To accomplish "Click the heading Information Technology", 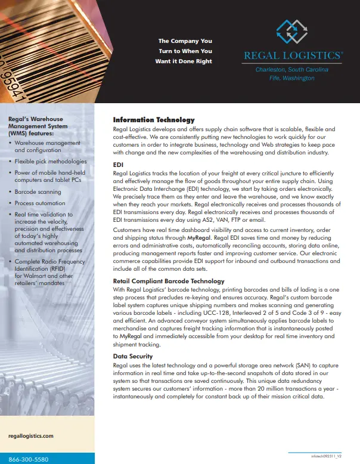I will click(x=154, y=120).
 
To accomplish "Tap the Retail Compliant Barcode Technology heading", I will click(x=169, y=281).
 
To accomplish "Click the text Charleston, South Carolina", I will click(x=292, y=70).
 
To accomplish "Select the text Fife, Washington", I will click(x=292, y=78).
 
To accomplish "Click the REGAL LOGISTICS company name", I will click(x=293, y=56).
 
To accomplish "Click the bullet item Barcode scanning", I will click(x=38, y=192).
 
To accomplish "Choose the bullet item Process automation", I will click(x=40, y=203).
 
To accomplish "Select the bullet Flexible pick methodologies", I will click(x=51, y=161).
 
